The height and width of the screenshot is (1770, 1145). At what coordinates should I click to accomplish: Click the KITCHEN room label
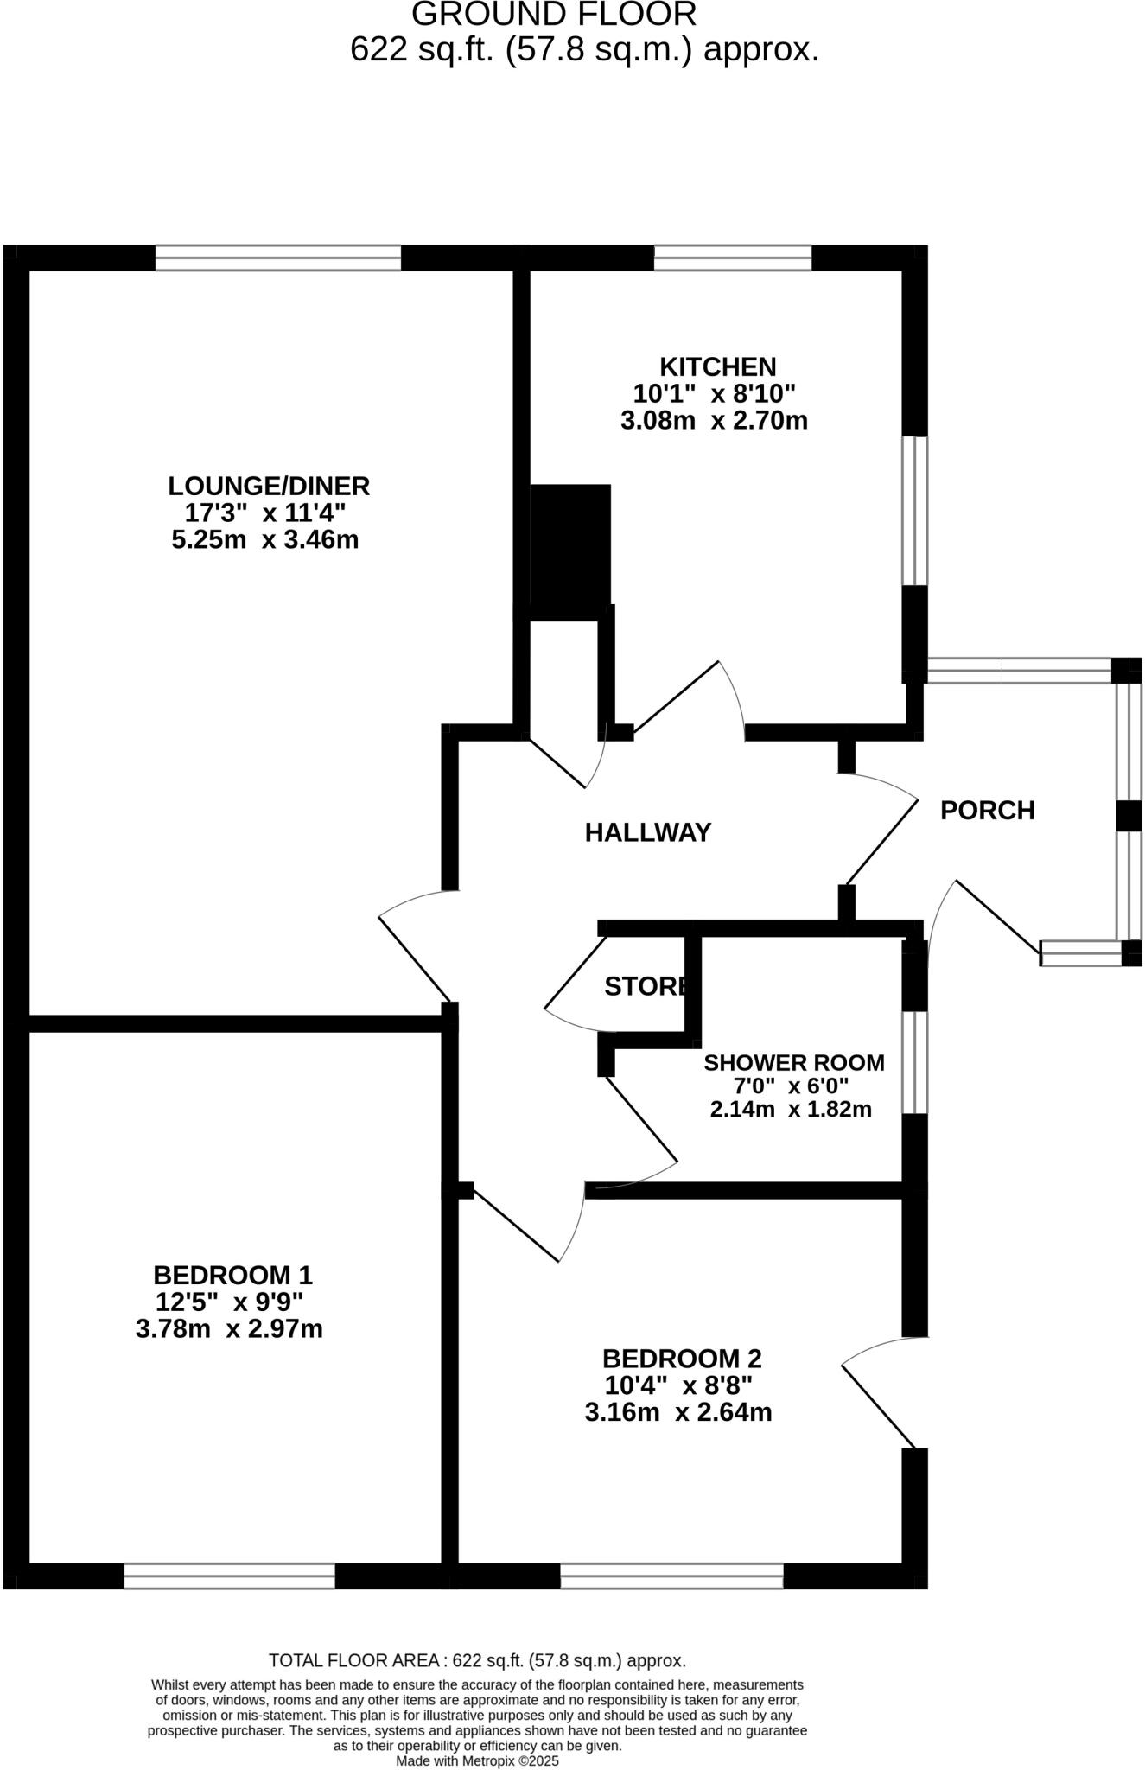click(x=717, y=366)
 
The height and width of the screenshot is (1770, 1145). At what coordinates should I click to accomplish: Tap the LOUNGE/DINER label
click(x=269, y=486)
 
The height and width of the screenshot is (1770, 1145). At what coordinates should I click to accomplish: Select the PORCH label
click(x=987, y=811)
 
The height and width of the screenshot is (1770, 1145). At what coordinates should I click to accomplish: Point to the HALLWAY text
click(x=648, y=832)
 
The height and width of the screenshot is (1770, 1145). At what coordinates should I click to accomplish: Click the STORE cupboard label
click(x=646, y=986)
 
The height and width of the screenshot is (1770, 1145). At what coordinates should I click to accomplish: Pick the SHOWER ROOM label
click(x=794, y=1062)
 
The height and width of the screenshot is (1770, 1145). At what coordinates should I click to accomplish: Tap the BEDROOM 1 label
click(x=232, y=1275)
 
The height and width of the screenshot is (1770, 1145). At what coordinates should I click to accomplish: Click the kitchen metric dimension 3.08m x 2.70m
click(x=714, y=421)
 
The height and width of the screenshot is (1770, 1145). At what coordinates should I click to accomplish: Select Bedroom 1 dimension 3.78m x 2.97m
click(x=229, y=1328)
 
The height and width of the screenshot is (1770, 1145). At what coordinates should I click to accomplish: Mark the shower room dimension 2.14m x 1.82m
click(x=791, y=1109)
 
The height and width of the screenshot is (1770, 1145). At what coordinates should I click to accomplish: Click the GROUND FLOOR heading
click(x=554, y=15)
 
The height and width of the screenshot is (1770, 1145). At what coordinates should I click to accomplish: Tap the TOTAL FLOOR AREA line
click(x=477, y=1660)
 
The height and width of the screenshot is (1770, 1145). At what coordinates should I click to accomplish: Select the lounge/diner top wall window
click(x=278, y=258)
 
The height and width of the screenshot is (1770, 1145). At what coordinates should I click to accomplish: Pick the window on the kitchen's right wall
click(x=915, y=511)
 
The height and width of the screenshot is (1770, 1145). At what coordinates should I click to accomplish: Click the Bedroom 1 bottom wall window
click(x=229, y=1576)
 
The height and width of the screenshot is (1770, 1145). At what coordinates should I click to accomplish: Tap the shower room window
click(x=915, y=1062)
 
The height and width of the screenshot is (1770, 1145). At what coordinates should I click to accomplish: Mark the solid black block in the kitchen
click(x=570, y=551)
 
